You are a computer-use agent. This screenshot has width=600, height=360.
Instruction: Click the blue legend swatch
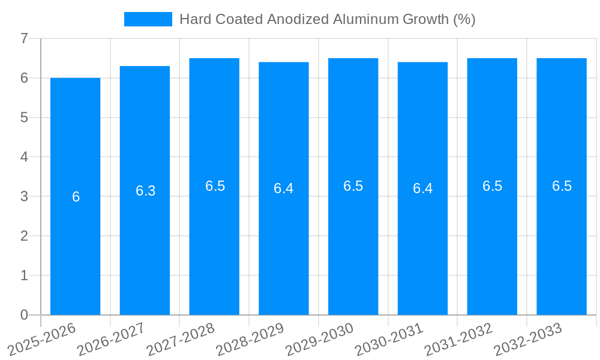tap(148, 19)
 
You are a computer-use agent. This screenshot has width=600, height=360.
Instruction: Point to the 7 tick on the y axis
tap(24, 38)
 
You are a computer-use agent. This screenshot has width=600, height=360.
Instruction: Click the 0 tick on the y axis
tap(24, 315)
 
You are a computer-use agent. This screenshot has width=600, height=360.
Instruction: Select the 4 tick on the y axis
tap(24, 157)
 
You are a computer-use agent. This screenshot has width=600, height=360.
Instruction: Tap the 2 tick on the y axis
tap(24, 236)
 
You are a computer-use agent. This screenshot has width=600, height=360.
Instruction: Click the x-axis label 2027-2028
tap(180, 340)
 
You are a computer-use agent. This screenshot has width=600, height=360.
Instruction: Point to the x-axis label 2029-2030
tap(319, 340)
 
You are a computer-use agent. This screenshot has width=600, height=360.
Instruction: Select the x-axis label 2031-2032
tap(458, 340)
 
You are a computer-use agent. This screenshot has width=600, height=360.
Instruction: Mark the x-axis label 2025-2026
tap(41, 340)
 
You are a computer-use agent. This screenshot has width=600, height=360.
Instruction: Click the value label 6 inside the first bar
tap(76, 197)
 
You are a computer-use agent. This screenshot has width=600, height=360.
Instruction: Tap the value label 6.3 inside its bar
tap(145, 191)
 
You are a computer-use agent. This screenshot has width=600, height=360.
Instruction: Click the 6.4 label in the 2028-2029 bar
tap(283, 188)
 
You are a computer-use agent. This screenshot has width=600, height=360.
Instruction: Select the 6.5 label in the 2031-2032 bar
tap(492, 186)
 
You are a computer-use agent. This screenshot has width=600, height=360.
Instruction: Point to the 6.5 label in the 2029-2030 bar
tap(353, 186)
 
